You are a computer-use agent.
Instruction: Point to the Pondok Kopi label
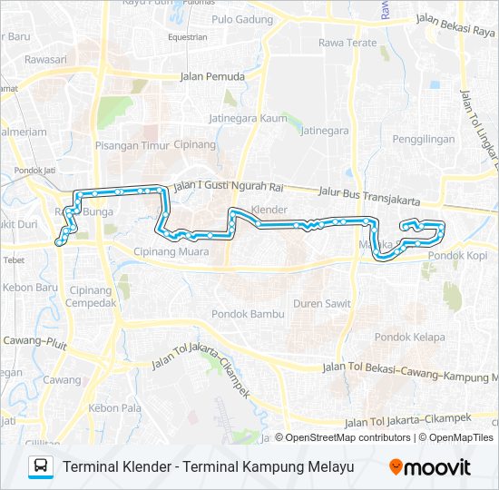(x=458, y=256)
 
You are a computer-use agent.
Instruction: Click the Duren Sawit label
(x=322, y=305)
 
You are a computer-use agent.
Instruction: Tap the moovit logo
(x=430, y=466)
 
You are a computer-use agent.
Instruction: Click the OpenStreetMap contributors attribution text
(x=343, y=437)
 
